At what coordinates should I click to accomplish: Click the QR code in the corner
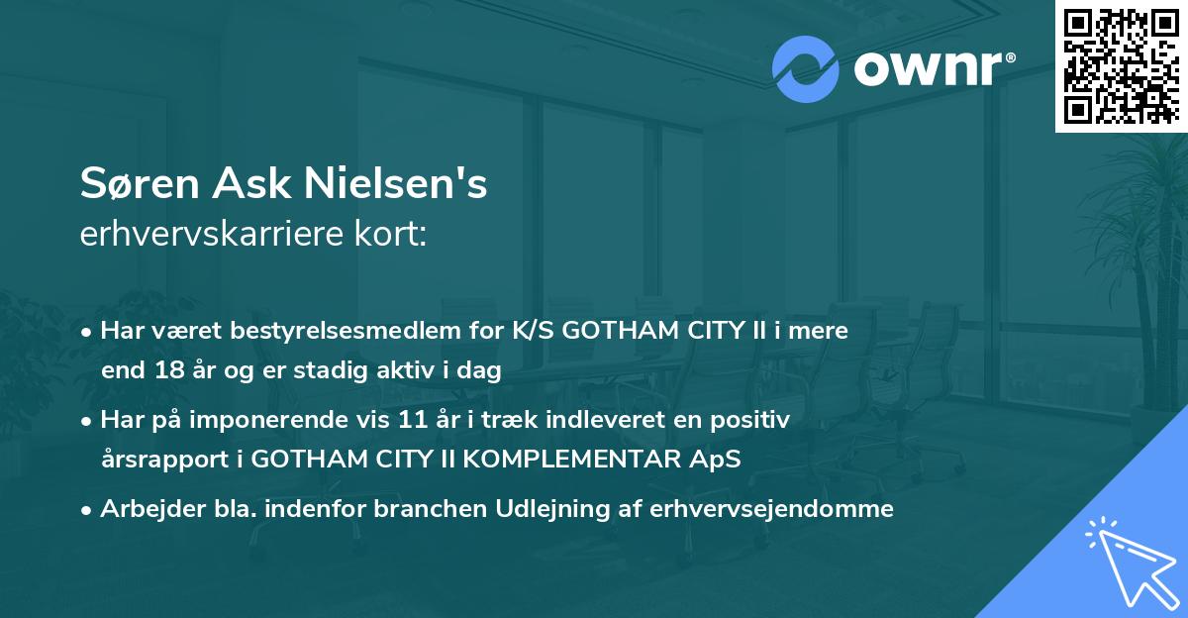[1122, 65]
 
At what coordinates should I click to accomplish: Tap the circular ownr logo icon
[805, 68]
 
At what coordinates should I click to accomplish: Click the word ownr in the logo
[932, 68]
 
